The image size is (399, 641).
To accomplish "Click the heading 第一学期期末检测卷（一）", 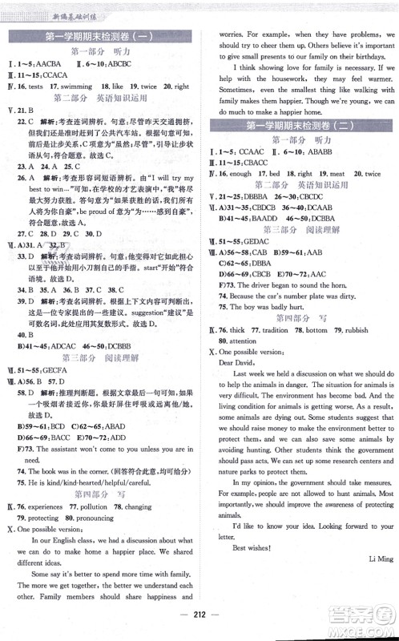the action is coord(102,35).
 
